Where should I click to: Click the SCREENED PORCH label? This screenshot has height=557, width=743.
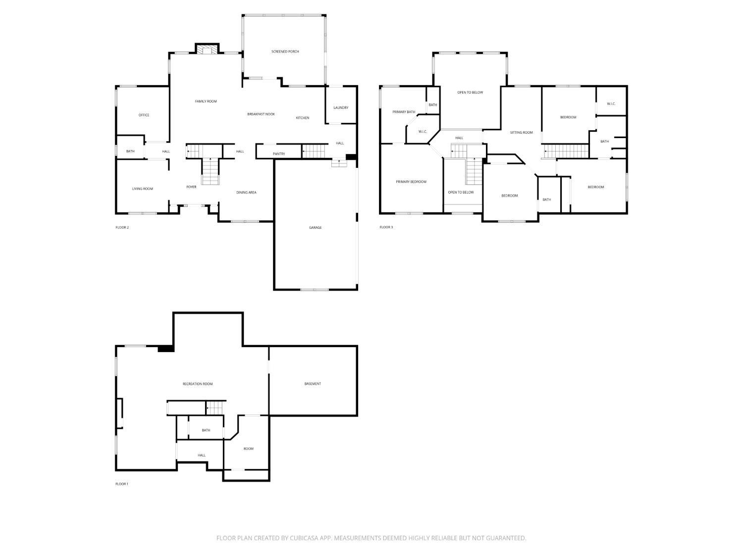pyautogui.click(x=285, y=51)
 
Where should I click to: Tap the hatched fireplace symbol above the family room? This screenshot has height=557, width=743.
pyautogui.click(x=207, y=49)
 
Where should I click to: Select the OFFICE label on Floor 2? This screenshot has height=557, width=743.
pyautogui.click(x=144, y=115)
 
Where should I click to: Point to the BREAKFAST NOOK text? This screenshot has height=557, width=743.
pyautogui.click(x=261, y=114)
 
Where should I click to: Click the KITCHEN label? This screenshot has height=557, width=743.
pyautogui.click(x=303, y=118)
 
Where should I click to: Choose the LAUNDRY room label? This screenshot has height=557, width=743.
pyautogui.click(x=341, y=107)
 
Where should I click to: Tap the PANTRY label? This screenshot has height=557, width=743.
pyautogui.click(x=279, y=154)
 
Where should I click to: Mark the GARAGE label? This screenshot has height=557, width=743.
pyautogui.click(x=315, y=228)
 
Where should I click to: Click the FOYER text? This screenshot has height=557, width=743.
pyautogui.click(x=191, y=187)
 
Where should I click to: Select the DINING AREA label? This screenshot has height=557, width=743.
pyautogui.click(x=246, y=193)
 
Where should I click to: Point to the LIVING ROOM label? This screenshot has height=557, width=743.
pyautogui.click(x=143, y=189)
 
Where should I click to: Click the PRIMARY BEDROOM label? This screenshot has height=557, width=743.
pyautogui.click(x=411, y=182)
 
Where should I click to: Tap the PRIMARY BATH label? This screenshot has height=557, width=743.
pyautogui.click(x=404, y=112)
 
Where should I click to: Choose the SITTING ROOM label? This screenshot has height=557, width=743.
pyautogui.click(x=522, y=133)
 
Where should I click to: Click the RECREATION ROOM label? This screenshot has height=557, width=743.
pyautogui.click(x=198, y=384)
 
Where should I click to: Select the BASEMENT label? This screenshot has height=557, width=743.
pyautogui.click(x=313, y=384)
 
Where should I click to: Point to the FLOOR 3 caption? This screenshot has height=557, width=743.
pyautogui.click(x=386, y=227)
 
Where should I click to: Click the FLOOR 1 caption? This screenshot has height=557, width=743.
pyautogui.click(x=122, y=484)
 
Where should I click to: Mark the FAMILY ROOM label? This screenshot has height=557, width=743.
pyautogui.click(x=206, y=101)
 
